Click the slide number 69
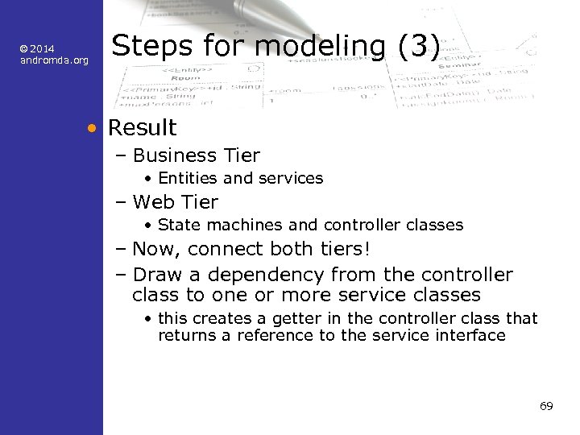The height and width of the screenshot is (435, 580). [546, 406]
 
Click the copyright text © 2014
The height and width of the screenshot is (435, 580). [37, 49]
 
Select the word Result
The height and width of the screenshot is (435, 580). [142, 127]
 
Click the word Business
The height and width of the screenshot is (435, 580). [172, 155]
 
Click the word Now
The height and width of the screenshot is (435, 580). [154, 250]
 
